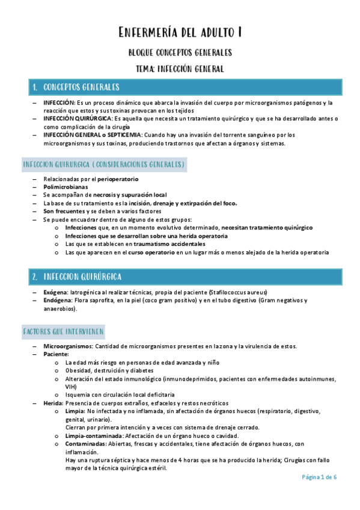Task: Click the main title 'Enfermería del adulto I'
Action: point(180,31)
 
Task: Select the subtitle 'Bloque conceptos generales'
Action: point(180,52)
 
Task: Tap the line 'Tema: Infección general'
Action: point(180,69)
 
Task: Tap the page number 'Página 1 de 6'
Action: point(319,477)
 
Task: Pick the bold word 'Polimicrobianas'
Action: point(64,187)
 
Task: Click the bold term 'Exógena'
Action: point(55,292)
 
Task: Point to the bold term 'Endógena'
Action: point(57,300)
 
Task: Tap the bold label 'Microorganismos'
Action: point(67,346)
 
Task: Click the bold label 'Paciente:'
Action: point(56,355)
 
